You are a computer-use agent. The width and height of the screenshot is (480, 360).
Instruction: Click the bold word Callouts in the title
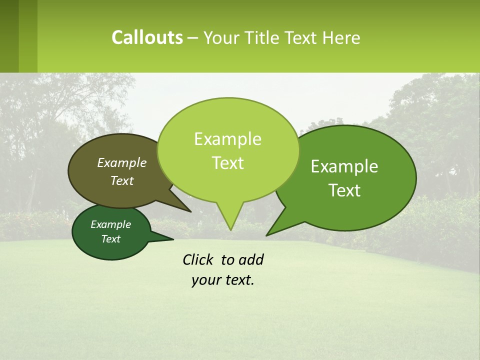[147, 37]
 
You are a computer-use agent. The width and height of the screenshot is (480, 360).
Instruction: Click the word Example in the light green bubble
[227, 139]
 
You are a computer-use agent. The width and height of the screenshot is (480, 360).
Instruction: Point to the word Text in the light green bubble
[227, 163]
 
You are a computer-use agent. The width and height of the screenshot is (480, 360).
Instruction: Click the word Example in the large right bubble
[344, 166]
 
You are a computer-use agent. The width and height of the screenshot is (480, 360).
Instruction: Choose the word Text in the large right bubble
[344, 190]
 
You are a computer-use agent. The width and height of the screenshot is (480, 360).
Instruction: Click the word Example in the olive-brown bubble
[122, 163]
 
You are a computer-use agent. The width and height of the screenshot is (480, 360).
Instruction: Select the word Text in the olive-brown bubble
[122, 181]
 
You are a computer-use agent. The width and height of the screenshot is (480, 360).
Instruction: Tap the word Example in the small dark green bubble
[110, 224]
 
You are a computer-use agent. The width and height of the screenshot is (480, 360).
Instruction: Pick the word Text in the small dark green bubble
[110, 239]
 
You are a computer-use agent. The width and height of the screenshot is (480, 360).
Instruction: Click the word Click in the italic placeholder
[199, 259]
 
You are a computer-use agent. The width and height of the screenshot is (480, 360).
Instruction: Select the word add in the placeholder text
[251, 259]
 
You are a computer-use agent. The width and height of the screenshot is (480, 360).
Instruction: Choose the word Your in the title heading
[220, 37]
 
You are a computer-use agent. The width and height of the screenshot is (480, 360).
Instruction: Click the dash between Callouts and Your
[193, 38]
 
